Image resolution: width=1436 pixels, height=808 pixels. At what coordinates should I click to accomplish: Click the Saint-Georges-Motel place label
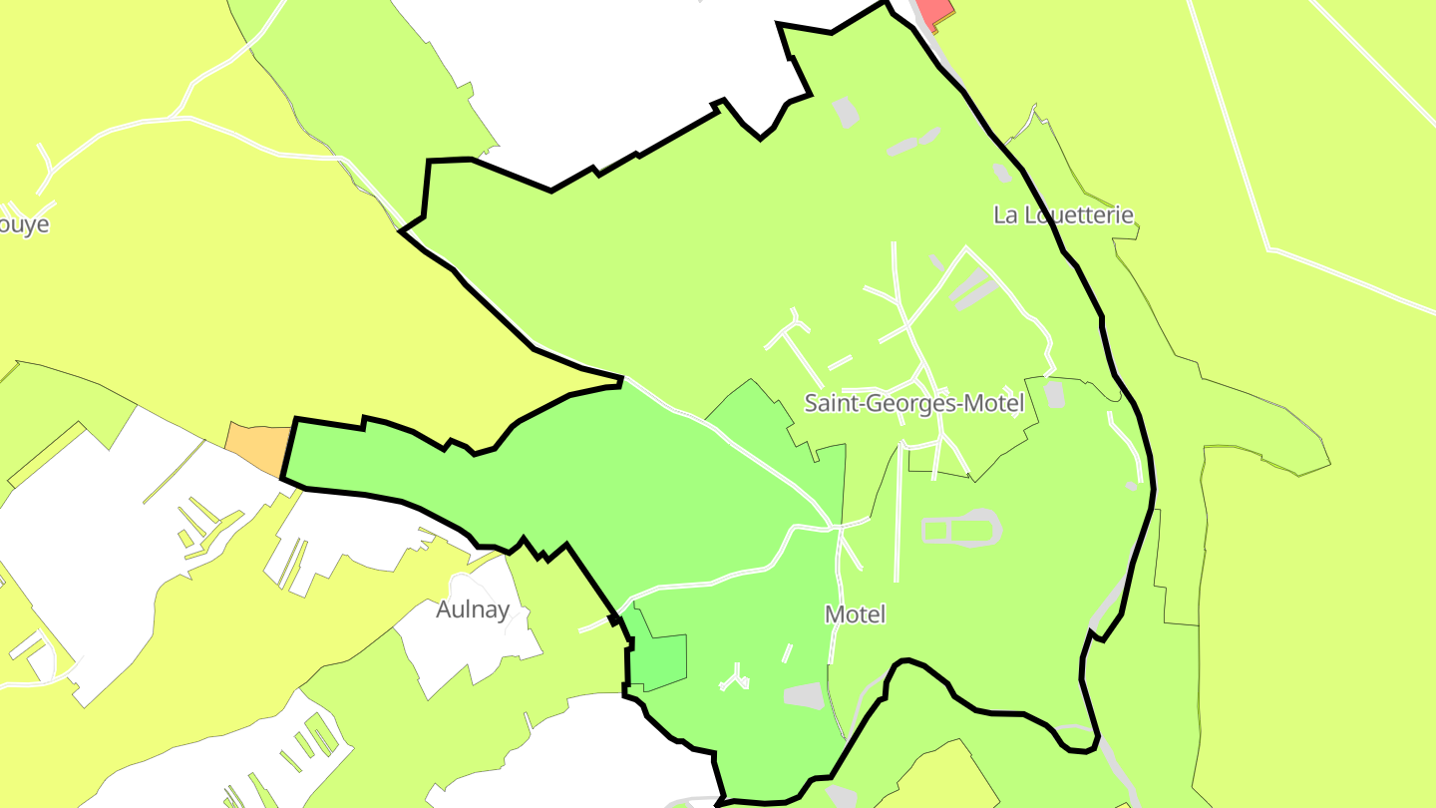point(914,404)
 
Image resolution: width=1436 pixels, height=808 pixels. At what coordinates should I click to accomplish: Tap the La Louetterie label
point(1063,214)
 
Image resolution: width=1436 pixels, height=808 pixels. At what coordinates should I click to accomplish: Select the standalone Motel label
point(855,614)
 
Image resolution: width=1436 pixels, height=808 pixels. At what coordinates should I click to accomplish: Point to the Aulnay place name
point(473,609)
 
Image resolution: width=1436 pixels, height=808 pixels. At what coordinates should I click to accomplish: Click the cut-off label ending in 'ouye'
point(24,224)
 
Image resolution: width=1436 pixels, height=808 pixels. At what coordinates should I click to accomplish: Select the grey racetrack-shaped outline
point(960,529)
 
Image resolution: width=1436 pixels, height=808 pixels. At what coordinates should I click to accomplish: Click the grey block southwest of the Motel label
point(804,695)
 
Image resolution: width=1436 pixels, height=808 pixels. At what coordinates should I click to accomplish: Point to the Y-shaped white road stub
point(736,680)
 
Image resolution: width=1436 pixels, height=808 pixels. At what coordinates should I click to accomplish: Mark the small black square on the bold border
point(614,621)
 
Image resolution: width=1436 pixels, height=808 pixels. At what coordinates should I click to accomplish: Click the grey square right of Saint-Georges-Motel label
point(1054,395)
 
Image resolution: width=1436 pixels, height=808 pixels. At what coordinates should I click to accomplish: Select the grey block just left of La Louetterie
point(1001,174)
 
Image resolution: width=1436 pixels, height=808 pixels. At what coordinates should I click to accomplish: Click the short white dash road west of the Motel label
point(788,652)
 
